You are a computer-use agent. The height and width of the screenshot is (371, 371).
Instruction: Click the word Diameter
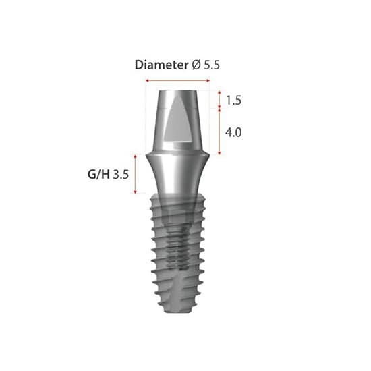(161, 65)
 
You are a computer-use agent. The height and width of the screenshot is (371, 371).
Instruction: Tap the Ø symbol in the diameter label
(196, 65)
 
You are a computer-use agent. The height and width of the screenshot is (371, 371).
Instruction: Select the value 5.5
(212, 65)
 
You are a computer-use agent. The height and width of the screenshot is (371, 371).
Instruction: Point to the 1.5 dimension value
(233, 101)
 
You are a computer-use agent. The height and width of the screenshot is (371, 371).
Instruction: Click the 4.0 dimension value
(233, 132)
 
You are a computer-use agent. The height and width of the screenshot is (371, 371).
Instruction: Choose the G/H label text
(98, 174)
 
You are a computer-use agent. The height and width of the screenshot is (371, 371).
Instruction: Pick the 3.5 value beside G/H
(121, 174)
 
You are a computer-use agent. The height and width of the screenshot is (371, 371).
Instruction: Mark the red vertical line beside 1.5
(220, 100)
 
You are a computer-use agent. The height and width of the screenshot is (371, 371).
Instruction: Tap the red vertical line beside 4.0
(220, 132)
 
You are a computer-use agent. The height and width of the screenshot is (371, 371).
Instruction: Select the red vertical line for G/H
(137, 174)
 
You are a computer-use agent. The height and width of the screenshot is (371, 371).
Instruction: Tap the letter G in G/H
(92, 174)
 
